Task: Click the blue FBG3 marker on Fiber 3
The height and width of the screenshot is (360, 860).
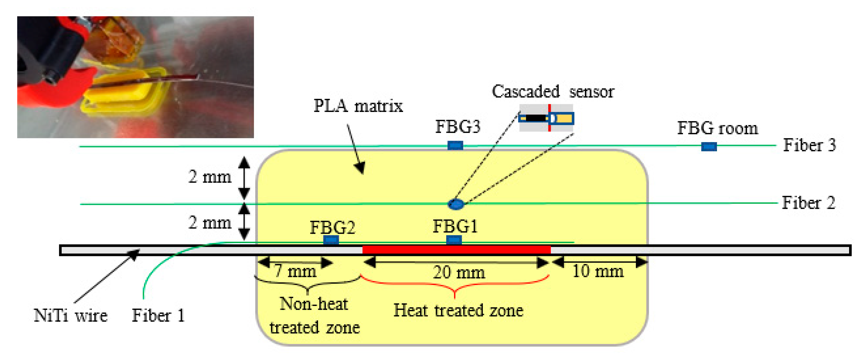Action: point(455,145)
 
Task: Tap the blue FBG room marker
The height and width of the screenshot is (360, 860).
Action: point(709,146)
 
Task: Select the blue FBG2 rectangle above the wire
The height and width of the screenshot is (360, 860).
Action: point(331,240)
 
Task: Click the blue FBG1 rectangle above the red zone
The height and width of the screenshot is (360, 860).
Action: point(454,240)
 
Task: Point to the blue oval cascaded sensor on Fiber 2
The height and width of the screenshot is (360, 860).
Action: point(456,204)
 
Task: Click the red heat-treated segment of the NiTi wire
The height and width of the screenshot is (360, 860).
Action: point(456,249)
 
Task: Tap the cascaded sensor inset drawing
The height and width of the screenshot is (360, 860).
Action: point(546,118)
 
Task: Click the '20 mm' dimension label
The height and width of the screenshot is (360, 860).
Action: point(459,272)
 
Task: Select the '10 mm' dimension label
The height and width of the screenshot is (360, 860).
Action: point(597,271)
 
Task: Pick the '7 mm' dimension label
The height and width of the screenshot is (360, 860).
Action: point(295,271)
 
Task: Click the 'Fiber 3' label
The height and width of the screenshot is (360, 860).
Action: point(809,145)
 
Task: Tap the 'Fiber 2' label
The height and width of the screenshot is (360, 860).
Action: point(808,203)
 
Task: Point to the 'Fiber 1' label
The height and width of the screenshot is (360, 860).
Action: point(158,315)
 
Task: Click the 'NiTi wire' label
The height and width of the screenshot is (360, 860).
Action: point(71,315)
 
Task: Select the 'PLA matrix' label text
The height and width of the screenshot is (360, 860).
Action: point(358,106)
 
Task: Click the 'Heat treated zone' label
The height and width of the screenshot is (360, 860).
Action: point(458,310)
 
